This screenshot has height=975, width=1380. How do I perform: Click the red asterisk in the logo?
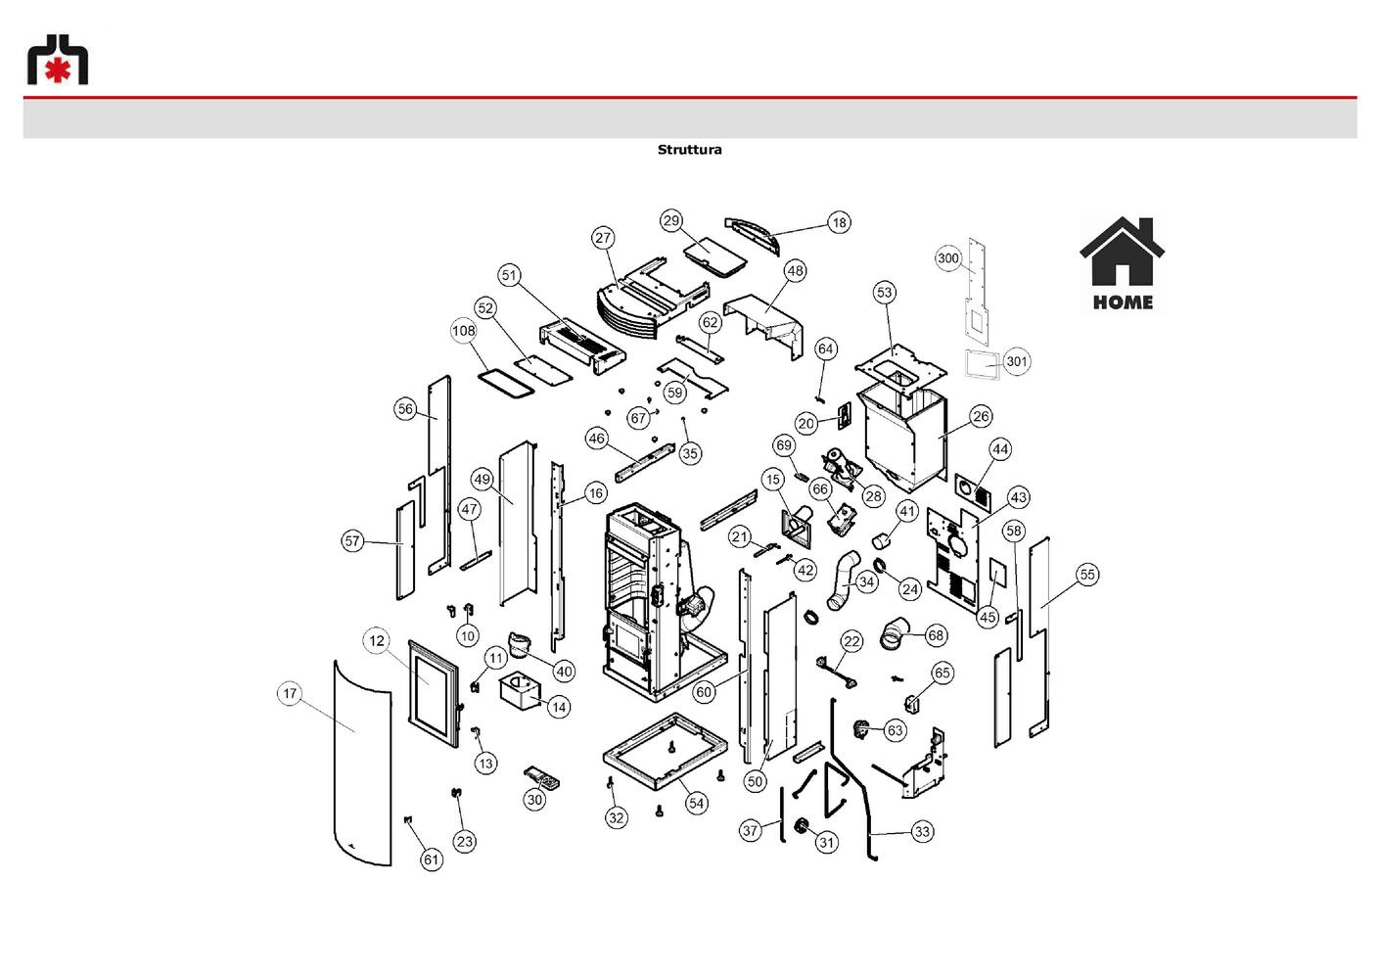tap(58, 70)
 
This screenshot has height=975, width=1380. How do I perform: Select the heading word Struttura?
tap(689, 150)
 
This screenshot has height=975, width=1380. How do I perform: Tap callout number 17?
tap(290, 693)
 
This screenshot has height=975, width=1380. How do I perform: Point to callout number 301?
tap(1017, 361)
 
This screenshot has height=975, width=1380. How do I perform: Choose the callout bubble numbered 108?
tap(464, 331)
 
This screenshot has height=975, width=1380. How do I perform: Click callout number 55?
tap(1087, 575)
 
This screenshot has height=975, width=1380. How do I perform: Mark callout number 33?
tap(922, 832)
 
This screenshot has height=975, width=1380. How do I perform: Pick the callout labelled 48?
tap(796, 270)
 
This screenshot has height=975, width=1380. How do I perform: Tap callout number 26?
tap(981, 417)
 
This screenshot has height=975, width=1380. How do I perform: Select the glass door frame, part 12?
tap(434, 693)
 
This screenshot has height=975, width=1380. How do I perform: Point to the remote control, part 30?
tap(542, 778)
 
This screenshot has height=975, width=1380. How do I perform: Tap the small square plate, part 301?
tap(982, 365)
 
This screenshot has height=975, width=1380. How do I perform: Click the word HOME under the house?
tap(1124, 302)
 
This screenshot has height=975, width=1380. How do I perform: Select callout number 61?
tap(432, 859)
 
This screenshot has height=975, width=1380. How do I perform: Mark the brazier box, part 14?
tap(519, 693)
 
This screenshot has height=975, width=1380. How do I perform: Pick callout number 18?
tap(839, 222)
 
